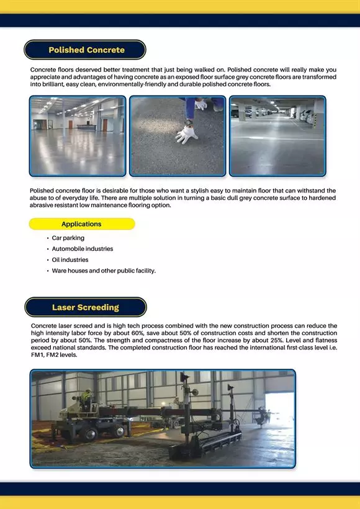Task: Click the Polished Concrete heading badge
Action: coord(86,50)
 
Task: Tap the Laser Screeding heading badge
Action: coord(86,307)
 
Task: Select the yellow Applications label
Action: coord(81,224)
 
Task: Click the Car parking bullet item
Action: coord(68,238)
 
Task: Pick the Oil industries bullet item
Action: coord(70,260)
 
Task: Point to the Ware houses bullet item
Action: coord(104,271)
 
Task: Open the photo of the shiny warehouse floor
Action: coord(78,135)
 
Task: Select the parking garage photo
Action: coord(277,135)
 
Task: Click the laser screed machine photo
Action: coord(163,418)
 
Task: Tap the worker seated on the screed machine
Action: coord(88,398)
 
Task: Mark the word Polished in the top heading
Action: coord(66,50)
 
